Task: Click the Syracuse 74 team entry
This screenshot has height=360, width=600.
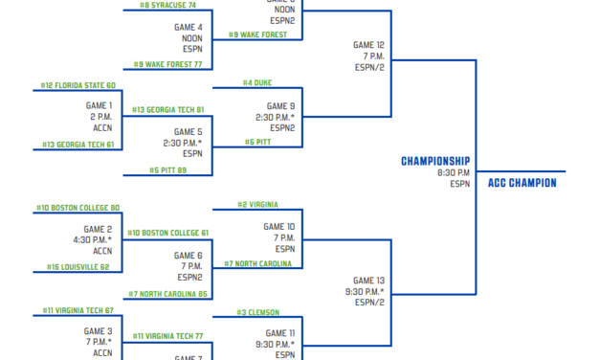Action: [x=168, y=5]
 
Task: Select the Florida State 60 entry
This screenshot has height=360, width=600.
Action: [x=78, y=85]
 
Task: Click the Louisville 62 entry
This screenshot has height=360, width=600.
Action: [x=78, y=267]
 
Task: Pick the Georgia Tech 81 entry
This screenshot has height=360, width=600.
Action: [x=168, y=109]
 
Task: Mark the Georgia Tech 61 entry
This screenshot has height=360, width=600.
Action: [x=78, y=145]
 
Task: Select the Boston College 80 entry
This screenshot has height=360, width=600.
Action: [x=78, y=208]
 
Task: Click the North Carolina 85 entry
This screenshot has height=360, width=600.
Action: [x=169, y=293]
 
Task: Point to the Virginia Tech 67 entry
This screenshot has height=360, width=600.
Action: [x=78, y=310]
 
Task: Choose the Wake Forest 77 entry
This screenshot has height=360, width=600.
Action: [x=168, y=64]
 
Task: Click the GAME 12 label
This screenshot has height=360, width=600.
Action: [x=368, y=44]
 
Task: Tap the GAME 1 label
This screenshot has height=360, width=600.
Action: [x=98, y=105]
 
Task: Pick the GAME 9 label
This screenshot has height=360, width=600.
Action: [x=280, y=106]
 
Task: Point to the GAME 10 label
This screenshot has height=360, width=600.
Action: [x=278, y=227]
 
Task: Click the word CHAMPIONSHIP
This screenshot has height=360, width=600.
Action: [x=435, y=161]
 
